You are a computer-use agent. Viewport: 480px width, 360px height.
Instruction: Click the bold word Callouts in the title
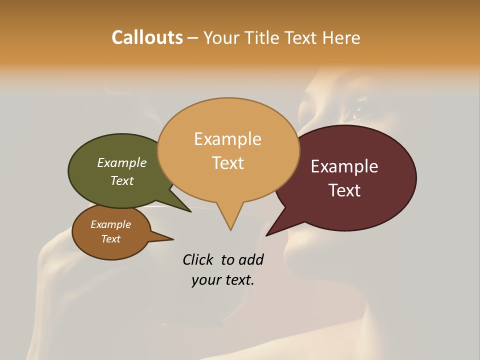coord(147,37)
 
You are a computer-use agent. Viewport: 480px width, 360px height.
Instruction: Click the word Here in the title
coord(341,38)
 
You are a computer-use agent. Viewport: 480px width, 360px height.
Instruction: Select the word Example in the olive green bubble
coord(122,162)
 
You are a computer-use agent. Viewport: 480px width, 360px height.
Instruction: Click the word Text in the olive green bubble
coord(122,180)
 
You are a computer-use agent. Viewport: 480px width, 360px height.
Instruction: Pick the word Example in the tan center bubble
coord(228,139)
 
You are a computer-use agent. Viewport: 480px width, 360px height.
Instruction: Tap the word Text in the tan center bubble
coord(228,163)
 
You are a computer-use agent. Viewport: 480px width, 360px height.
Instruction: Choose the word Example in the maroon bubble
coord(344,166)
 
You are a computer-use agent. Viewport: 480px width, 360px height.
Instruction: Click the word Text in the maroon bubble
coord(344,190)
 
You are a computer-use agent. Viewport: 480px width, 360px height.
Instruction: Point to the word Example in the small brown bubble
coord(111,224)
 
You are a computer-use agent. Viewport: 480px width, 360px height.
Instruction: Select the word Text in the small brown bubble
coord(111,239)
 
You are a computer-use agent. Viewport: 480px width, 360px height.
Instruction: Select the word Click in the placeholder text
coord(199,259)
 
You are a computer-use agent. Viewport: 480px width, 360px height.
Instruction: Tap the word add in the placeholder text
coord(251,259)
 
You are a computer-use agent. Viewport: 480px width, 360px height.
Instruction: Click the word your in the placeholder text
coord(204,280)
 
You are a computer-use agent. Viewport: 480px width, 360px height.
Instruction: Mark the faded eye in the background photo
coord(361,106)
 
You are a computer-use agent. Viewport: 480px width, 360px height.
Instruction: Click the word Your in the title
coord(221,38)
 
